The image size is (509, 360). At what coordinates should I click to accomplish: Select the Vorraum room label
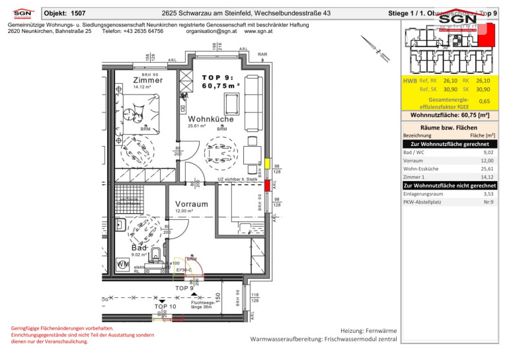[192, 204]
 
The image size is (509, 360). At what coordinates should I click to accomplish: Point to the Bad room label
[139, 247]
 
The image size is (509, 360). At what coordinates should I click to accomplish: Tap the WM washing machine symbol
[122, 264]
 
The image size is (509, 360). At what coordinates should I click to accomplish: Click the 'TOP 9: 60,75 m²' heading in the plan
[220, 81]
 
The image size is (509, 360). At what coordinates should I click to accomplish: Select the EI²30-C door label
[184, 270]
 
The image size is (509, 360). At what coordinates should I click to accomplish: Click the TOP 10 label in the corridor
[165, 306]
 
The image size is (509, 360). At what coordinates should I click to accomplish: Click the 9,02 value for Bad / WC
[487, 151]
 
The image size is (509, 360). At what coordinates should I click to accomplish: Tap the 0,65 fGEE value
[484, 101]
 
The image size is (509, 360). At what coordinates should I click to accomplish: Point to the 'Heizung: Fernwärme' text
[368, 330]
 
